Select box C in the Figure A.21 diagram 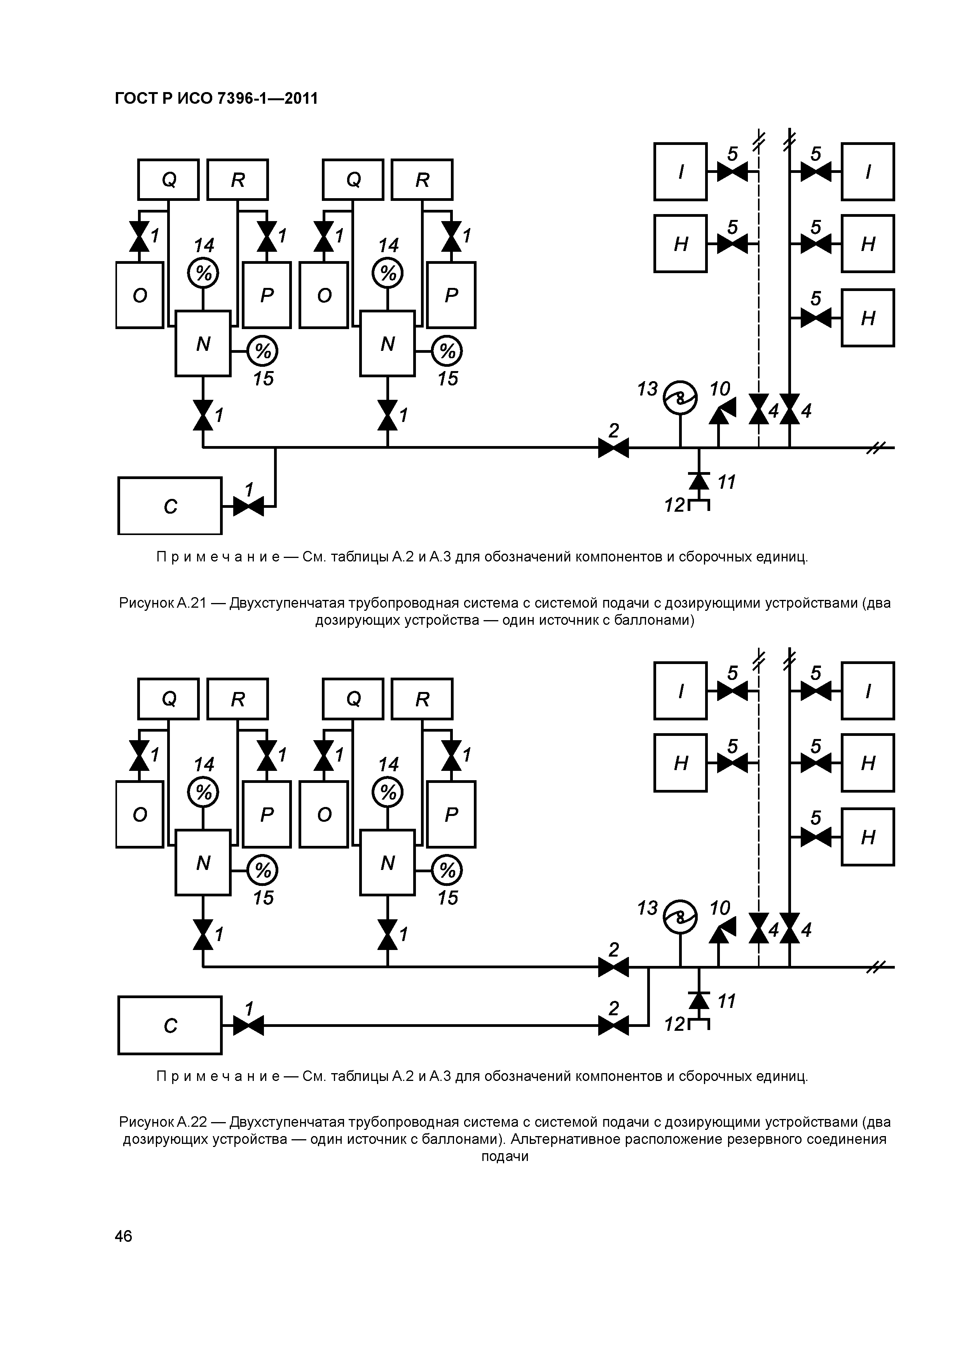pos(170,506)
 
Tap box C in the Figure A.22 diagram pos(170,1025)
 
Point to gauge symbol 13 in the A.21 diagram pos(680,398)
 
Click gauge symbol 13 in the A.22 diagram pos(680,917)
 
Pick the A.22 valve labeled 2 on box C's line pos(613,1025)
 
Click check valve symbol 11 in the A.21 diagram pos(699,480)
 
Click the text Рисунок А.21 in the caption pos(162,603)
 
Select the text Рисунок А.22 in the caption pos(162,1122)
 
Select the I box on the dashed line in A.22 pos(681,691)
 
